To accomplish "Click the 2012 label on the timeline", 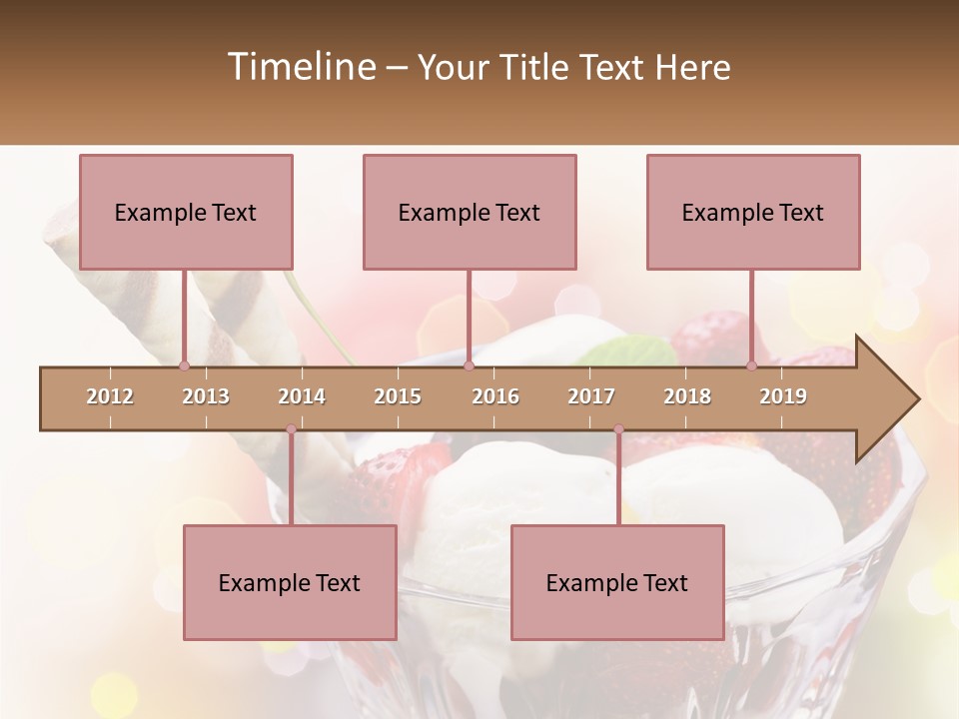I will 110,396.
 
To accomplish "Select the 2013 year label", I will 206,396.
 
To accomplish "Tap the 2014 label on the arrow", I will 302,396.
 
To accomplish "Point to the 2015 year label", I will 398,396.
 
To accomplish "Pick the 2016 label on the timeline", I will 495,396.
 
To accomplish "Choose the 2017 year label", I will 591,396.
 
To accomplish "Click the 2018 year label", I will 687,396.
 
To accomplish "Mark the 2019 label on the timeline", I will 783,396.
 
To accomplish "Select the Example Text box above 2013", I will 186,212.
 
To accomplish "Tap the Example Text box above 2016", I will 470,212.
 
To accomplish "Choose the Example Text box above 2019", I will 753,212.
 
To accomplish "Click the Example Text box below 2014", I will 290,582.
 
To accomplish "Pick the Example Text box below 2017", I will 617,582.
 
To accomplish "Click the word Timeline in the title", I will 300,67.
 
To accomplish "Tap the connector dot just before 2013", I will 184,366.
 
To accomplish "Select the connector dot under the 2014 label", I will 291,429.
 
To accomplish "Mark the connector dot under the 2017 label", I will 618,429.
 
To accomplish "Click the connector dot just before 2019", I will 751,366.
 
